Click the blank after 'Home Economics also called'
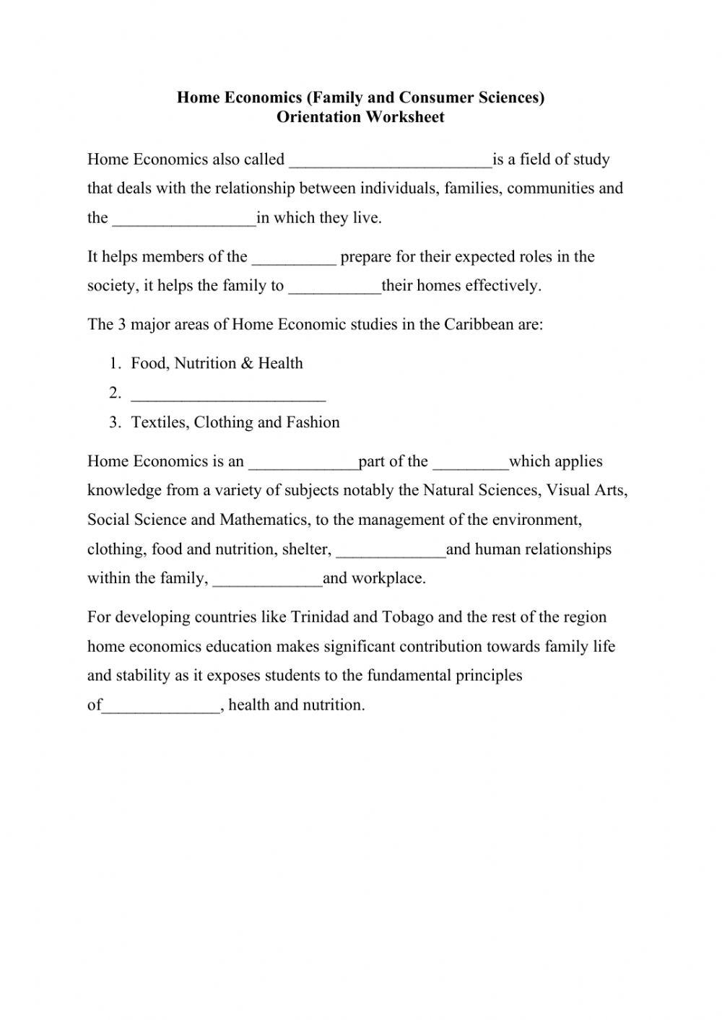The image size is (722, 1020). (390, 160)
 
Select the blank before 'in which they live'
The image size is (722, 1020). (184, 219)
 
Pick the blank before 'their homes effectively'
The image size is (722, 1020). (334, 287)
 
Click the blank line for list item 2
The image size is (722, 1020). (228, 394)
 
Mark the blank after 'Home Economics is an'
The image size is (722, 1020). (303, 462)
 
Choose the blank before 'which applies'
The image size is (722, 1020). (470, 462)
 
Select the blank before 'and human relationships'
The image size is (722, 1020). (391, 550)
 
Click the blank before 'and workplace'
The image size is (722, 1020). (268, 579)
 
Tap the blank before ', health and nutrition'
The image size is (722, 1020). (161, 706)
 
